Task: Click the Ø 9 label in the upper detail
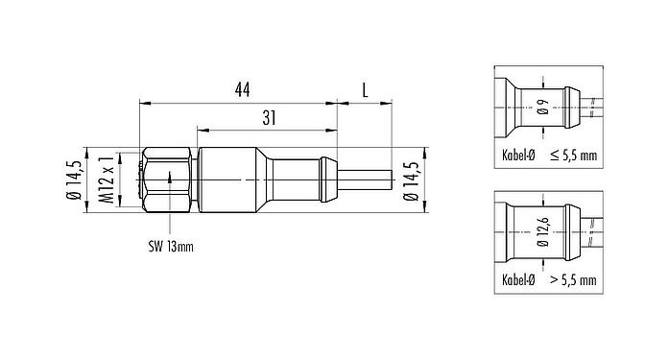tap(543, 108)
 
